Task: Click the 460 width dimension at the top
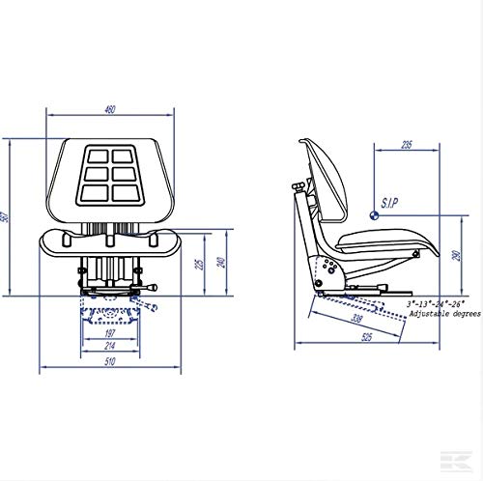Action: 109,109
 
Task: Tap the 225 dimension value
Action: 198,263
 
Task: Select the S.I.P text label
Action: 391,205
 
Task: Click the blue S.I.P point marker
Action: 375,214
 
